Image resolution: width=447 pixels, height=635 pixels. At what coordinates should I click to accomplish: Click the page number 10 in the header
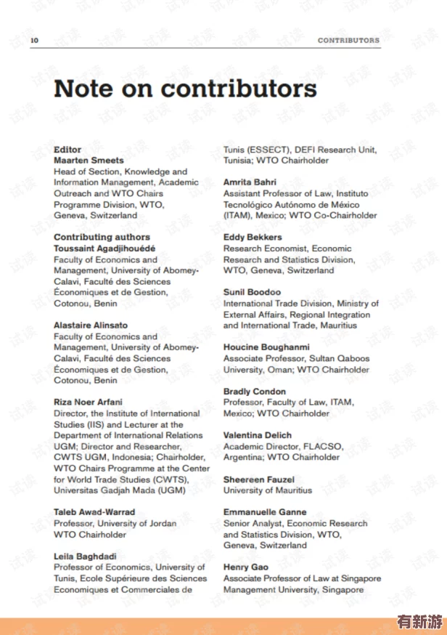[x=34, y=40]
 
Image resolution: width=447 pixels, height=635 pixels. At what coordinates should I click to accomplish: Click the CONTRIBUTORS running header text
[x=348, y=40]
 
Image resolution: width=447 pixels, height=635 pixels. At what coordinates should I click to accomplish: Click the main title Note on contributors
[x=185, y=89]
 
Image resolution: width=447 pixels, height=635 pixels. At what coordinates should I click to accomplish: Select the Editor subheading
[x=67, y=149]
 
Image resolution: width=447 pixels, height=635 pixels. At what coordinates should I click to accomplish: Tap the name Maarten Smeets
[x=89, y=160]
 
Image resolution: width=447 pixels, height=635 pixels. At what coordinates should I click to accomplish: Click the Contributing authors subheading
[x=102, y=237]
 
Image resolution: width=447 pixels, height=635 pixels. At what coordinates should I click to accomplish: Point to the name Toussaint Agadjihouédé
[x=104, y=248]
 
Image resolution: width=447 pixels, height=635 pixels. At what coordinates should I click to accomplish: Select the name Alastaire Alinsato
[x=90, y=325]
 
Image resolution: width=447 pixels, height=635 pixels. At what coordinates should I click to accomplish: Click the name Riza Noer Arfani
[x=88, y=402]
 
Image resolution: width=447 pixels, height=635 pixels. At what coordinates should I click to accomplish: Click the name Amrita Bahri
[x=250, y=182]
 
